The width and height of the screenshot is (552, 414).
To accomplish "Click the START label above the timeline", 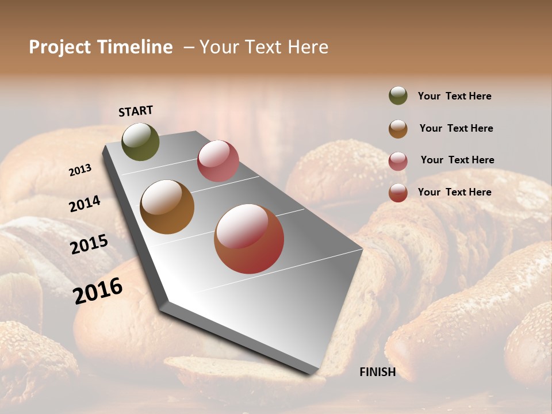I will pos(136,111).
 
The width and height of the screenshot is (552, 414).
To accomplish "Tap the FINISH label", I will pos(377,372).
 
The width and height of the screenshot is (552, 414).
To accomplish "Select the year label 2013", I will pos(80,170).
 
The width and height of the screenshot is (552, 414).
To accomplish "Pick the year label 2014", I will pos(85,204).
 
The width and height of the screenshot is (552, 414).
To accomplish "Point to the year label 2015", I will pos(89,244).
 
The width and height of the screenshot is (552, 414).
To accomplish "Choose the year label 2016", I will pos(98,290).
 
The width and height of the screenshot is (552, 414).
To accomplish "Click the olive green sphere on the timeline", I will pos(140,141).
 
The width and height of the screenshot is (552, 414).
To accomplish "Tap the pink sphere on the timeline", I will pos(218,161).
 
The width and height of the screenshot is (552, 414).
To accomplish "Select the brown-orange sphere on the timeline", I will pos(167,207).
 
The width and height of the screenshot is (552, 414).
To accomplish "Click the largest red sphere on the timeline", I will pos(249,239).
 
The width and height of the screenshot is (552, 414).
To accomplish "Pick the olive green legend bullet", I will pos(398,96).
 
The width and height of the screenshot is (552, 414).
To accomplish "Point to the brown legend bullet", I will pos(398,128).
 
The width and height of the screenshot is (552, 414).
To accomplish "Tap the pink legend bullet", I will pos(398,160).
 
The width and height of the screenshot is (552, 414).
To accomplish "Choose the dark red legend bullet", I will pos(398,193).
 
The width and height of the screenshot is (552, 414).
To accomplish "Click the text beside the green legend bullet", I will pos(454,96).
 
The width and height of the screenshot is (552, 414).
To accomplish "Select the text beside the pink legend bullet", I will pos(457,160).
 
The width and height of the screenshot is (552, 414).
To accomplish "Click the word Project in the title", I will pos(60,47).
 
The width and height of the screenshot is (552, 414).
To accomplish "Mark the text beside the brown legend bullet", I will pos(456,128).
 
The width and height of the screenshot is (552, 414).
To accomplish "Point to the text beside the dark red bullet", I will pos(454,192).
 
